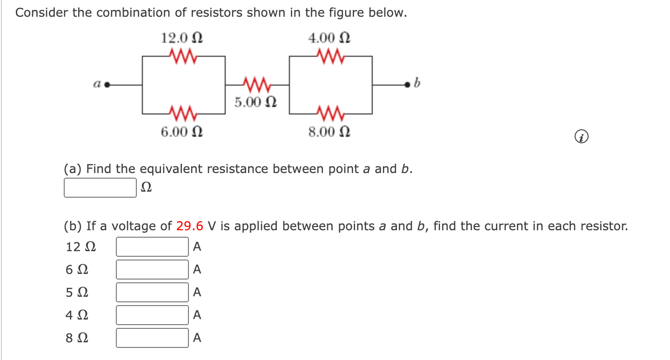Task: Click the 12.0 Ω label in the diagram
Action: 182,37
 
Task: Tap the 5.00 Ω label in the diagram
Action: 255,101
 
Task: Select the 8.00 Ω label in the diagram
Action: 329,132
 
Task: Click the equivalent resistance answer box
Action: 100,188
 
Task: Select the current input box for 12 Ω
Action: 153,247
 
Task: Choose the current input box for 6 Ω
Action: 153,269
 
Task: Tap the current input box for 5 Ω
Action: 153,292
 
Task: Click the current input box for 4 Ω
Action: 153,315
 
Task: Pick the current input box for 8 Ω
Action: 153,338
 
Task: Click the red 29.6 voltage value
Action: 190,227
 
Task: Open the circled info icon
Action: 582,137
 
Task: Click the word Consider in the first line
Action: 42,13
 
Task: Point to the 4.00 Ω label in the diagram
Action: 329,37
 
